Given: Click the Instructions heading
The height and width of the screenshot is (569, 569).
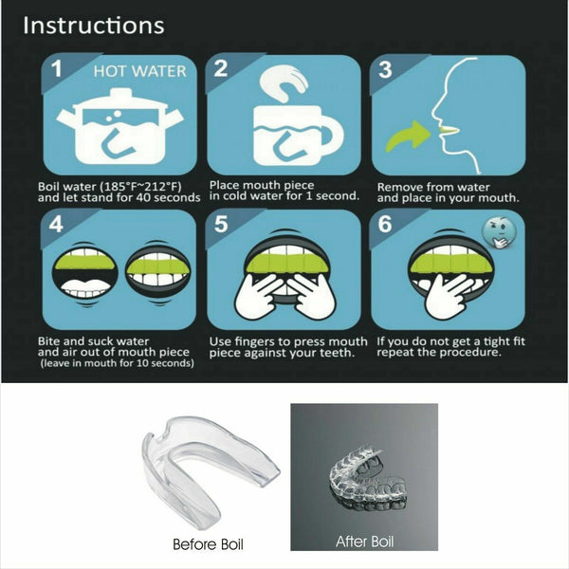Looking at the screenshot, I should tap(93, 26).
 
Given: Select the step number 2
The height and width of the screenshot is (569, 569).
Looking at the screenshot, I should tap(221, 69).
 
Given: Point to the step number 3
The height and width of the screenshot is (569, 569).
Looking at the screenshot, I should tap(386, 70).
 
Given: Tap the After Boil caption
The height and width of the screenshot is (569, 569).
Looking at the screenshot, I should tap(364, 542).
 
